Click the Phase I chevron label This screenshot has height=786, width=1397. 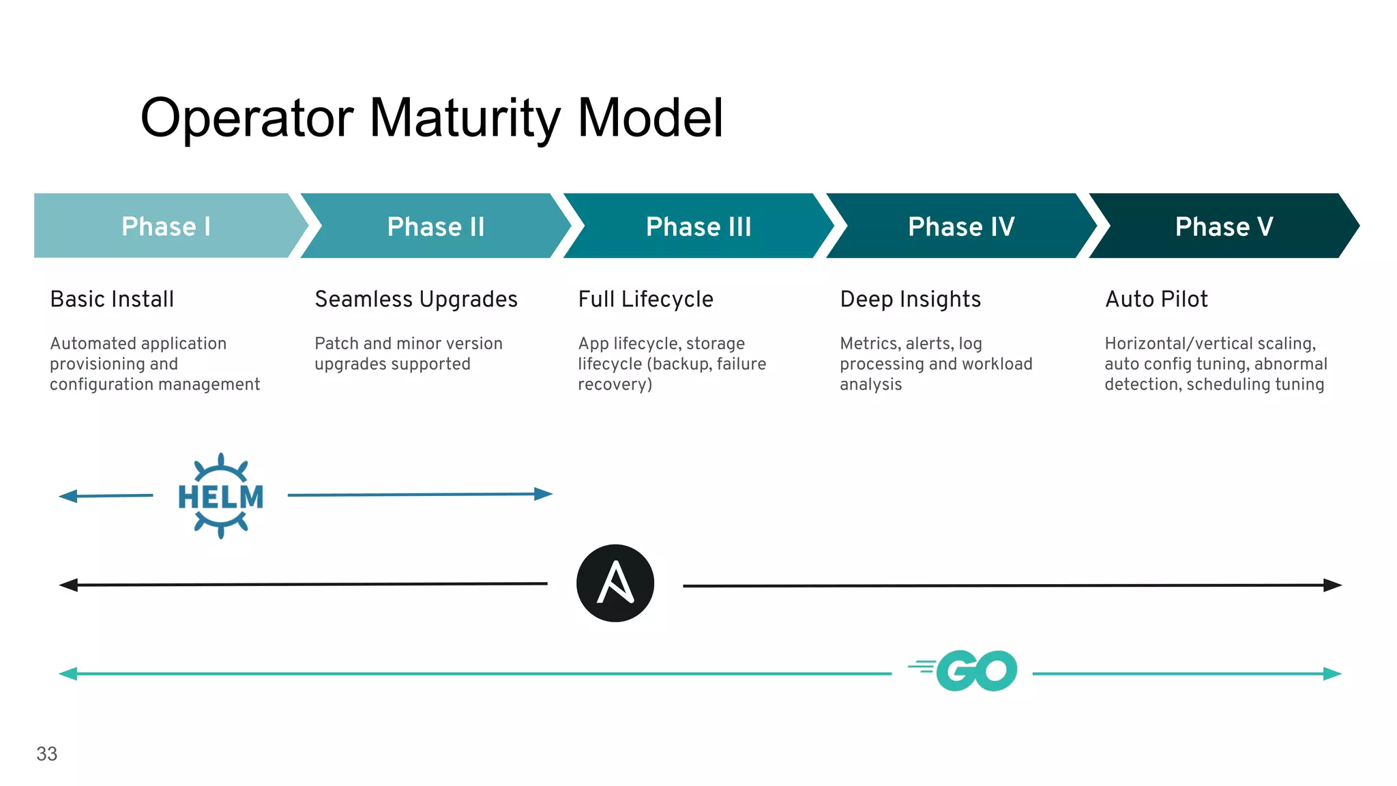pos(166,227)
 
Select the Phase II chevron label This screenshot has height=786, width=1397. pos(436,227)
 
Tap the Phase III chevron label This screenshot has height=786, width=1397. pos(698,227)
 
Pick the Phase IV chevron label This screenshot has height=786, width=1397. pos(961,227)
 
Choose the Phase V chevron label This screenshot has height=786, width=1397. pos(1224,227)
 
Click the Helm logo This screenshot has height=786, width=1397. pos(220,496)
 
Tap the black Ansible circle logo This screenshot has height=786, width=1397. pos(615,583)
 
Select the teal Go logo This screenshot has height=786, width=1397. pos(969,671)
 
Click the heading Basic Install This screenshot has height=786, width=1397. pos(112,300)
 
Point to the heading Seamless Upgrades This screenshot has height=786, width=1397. pos(416,300)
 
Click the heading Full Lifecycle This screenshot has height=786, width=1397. pos(645,300)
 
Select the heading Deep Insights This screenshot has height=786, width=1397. pos(910,300)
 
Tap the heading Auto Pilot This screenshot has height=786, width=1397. pos(1156,300)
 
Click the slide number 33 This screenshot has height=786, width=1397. pos(46,754)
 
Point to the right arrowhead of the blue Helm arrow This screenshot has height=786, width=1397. pos(544,494)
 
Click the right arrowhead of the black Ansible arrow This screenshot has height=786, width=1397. pos(1333,585)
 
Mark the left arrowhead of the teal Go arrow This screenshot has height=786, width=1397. pos(68,674)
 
